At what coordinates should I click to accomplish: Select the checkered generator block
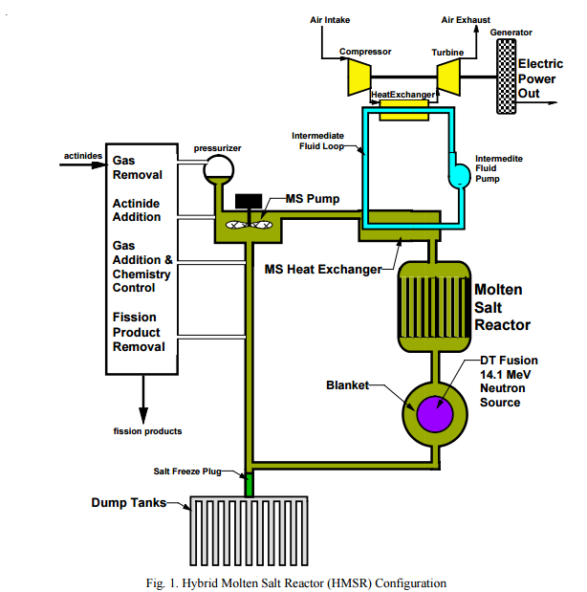tap(501, 75)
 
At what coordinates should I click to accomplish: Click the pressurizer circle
tap(218, 170)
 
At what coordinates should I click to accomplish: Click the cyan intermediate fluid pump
tap(460, 174)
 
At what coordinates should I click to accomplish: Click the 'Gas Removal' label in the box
tap(138, 168)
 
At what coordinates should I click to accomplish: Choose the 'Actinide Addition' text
tap(138, 210)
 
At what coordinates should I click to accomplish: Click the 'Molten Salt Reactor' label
tap(502, 306)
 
